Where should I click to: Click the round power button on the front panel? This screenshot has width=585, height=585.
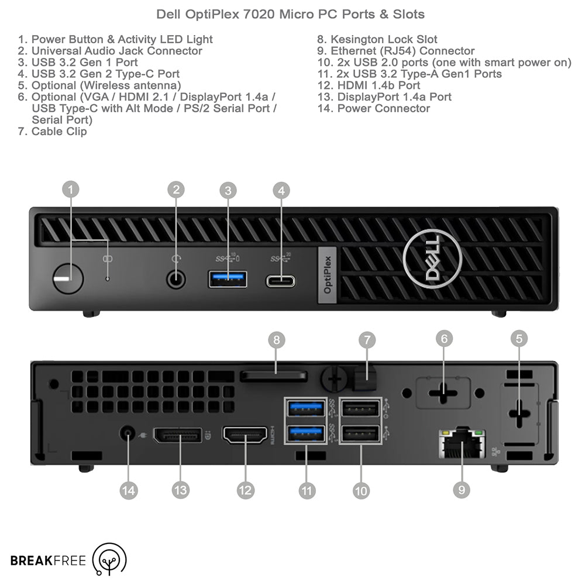pyautogui.click(x=67, y=278)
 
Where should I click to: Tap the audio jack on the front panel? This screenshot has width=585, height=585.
pyautogui.click(x=175, y=279)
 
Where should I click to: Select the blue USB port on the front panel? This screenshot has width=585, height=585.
pyautogui.click(x=228, y=279)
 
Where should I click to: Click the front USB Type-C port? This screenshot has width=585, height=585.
pyautogui.click(x=281, y=281)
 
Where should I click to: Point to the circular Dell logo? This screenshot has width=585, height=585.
pyautogui.click(x=432, y=258)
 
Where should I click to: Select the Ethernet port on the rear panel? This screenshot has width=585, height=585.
pyautogui.click(x=462, y=443)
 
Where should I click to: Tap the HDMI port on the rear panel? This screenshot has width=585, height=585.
pyautogui.click(x=245, y=435)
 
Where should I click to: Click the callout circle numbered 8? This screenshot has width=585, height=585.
pyautogui.click(x=277, y=340)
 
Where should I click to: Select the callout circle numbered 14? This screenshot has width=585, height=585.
pyautogui.click(x=128, y=490)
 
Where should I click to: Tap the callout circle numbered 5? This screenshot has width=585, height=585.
pyautogui.click(x=519, y=338)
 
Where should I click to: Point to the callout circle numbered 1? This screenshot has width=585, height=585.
pyautogui.click(x=71, y=189)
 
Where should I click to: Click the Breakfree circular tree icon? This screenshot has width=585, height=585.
pyautogui.click(x=110, y=560)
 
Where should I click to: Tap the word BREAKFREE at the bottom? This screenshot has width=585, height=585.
pyautogui.click(x=48, y=561)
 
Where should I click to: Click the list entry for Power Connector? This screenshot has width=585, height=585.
pyautogui.click(x=383, y=108)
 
